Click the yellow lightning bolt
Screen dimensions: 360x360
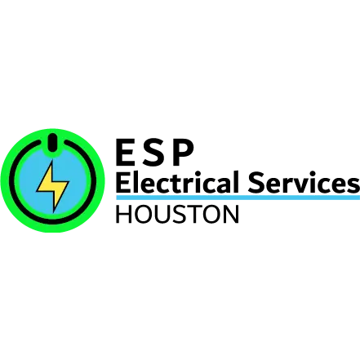pos(53,185)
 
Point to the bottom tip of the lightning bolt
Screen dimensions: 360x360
pos(54,211)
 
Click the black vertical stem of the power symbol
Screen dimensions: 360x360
pos(53,143)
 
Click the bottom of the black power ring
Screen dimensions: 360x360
pos(53,222)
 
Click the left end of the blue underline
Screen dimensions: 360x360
pos(115,198)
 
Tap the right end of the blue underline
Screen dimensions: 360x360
pos(358,198)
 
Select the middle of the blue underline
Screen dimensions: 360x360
pos(237,198)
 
